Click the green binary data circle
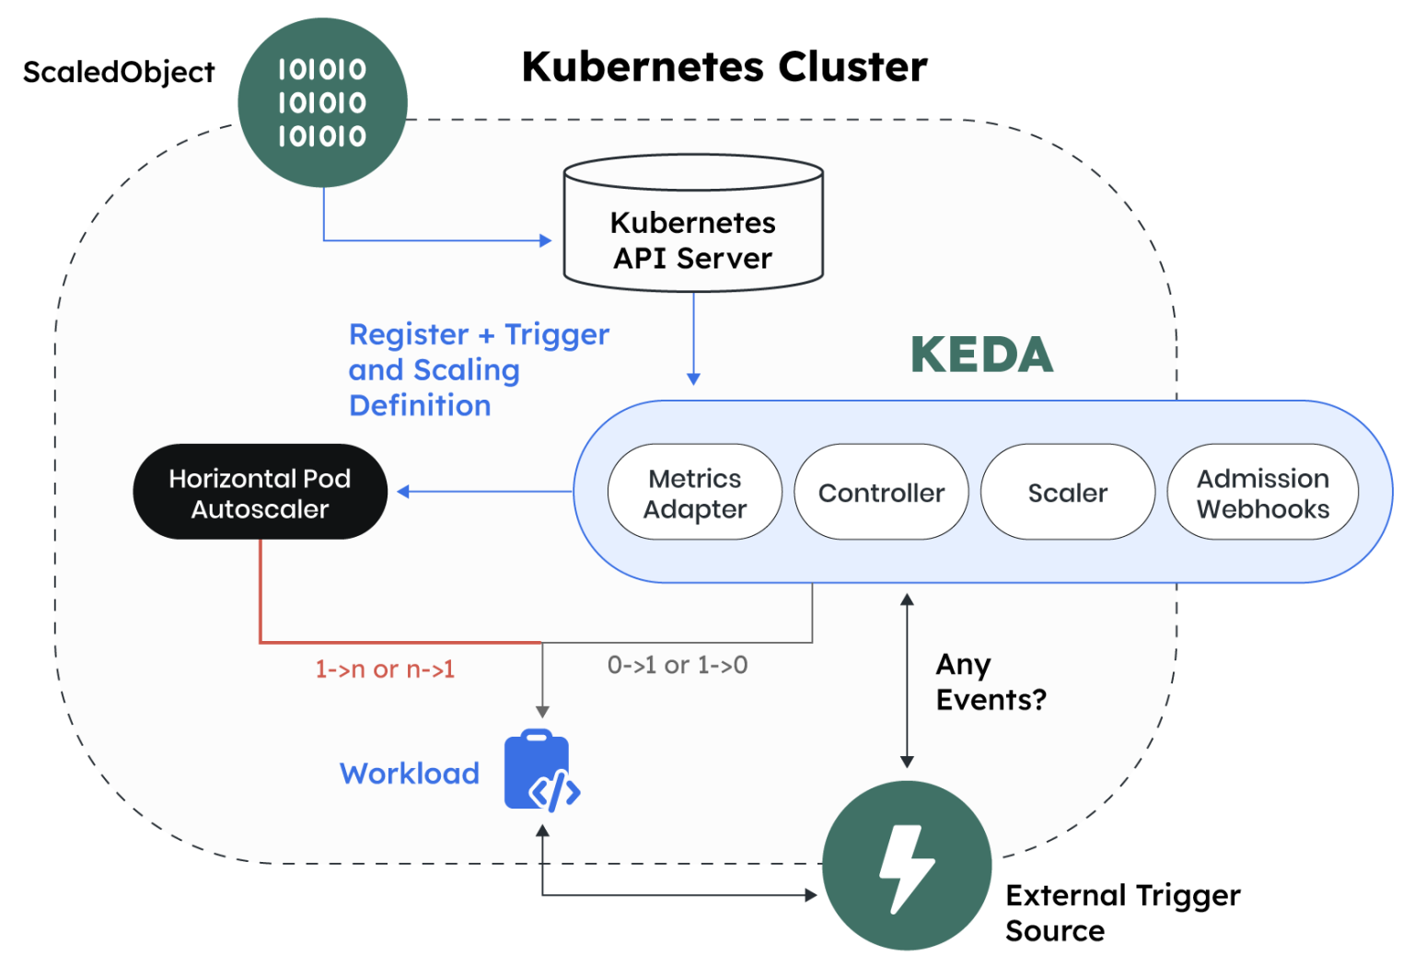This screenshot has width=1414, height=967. point(322,102)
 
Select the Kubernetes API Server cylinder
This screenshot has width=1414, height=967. point(693,227)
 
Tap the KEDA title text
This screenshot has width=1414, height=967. point(981,355)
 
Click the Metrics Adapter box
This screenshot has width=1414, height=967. point(694,493)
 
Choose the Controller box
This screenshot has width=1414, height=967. point(881,493)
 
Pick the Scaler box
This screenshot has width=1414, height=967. point(1067,493)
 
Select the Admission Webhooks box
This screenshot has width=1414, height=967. point(1262,493)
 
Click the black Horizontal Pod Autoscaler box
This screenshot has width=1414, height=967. point(260,493)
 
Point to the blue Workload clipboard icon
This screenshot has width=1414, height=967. point(541,771)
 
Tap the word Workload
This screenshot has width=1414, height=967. point(410,774)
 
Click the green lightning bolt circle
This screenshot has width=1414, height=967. point(906,866)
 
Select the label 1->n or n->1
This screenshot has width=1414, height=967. point(385,670)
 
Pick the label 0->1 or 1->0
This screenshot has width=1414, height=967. point(678,665)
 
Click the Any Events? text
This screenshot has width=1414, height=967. point(990,682)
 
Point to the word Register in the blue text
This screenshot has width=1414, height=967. point(409,334)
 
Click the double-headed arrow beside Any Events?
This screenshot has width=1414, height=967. point(907,682)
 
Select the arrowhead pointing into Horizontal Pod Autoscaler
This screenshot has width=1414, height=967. point(403,492)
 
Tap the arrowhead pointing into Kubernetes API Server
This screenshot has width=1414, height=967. point(545,240)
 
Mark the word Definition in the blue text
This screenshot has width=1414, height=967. point(420,405)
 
